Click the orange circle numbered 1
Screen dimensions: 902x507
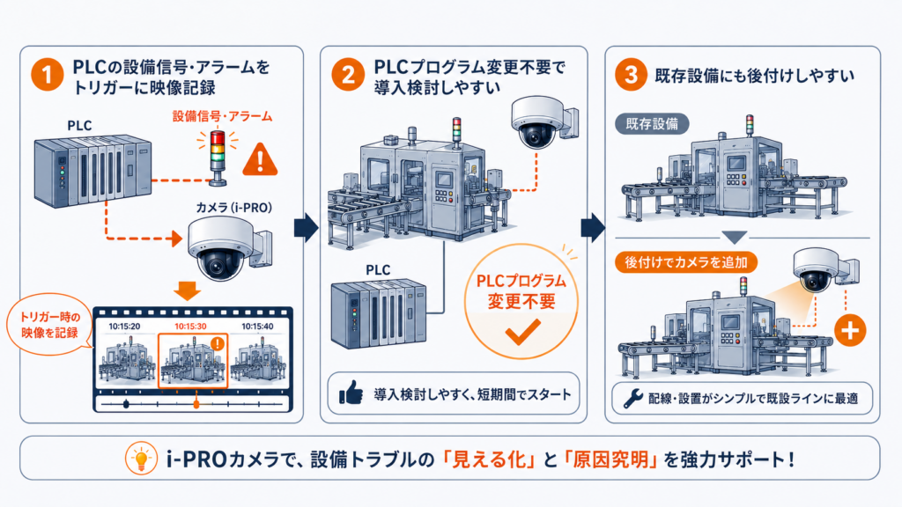click(48, 75)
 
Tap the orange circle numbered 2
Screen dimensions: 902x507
click(348, 75)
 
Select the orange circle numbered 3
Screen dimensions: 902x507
click(631, 75)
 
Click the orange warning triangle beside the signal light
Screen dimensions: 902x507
click(261, 159)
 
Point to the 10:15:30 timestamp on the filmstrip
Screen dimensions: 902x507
click(190, 326)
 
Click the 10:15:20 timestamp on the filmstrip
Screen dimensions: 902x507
click(124, 326)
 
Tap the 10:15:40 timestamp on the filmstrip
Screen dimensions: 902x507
click(257, 326)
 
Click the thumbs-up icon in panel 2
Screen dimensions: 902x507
click(351, 392)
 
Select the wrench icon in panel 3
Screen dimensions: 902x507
click(632, 398)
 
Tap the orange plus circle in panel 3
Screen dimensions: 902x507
click(850, 331)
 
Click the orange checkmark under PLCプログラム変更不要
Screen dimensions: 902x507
click(522, 332)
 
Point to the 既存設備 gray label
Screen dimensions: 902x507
click(652, 123)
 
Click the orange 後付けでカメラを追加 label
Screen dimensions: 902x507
click(686, 262)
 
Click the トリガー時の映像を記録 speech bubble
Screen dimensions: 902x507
click(49, 324)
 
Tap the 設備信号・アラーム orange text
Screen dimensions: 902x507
click(223, 117)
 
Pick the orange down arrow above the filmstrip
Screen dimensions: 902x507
click(188, 290)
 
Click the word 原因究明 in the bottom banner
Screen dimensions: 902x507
click(610, 459)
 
